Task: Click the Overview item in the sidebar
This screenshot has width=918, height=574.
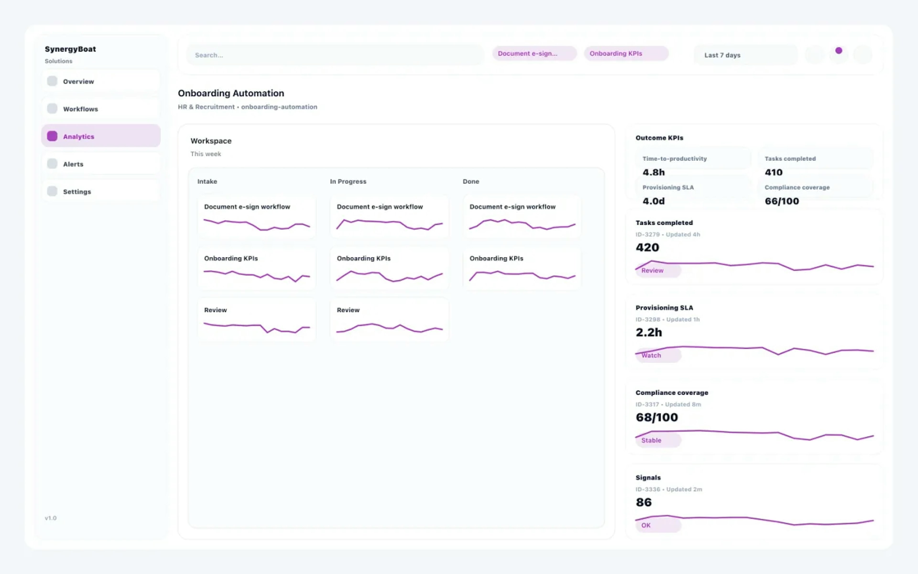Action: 100,81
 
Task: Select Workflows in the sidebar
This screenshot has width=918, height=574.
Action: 100,109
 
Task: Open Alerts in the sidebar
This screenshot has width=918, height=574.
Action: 100,164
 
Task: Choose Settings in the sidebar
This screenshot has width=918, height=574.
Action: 100,192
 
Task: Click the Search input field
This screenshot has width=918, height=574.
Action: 335,55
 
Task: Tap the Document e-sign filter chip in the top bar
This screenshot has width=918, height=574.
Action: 534,54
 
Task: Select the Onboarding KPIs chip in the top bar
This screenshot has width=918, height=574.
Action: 626,54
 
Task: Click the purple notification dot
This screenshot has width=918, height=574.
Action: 839,50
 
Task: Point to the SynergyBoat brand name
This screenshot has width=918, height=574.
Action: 70,49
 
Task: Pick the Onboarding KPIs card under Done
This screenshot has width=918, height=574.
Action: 522,268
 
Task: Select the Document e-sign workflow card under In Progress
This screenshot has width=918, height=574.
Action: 389,216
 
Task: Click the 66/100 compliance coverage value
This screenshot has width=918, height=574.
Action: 782,201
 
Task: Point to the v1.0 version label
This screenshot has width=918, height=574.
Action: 50,518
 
